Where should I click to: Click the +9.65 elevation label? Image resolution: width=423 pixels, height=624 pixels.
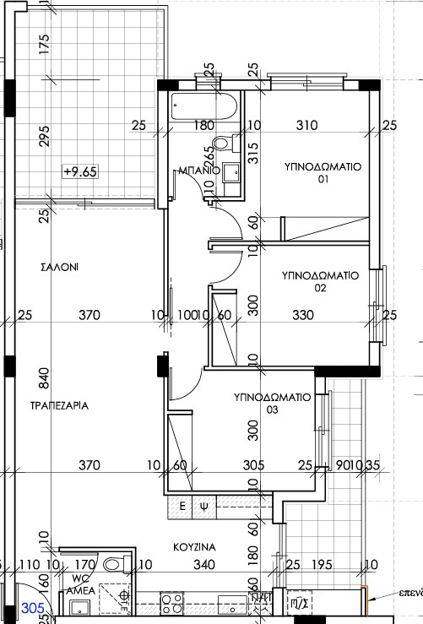tap(81, 171)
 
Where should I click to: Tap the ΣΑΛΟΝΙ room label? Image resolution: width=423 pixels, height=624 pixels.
tap(59, 266)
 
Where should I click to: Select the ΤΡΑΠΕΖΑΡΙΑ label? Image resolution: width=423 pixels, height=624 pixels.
tap(59, 405)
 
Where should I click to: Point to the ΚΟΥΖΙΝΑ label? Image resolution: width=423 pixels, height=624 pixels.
tap(194, 547)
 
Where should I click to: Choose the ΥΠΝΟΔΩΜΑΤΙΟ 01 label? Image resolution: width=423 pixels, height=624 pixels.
tap(321, 173)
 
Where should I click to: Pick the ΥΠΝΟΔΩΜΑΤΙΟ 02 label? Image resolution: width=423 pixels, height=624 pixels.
tap(321, 281)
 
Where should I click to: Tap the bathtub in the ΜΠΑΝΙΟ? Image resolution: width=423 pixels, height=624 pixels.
tap(203, 108)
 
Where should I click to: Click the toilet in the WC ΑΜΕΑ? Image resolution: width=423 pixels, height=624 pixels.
tap(112, 565)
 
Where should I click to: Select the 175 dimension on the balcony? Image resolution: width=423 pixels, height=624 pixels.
tap(44, 42)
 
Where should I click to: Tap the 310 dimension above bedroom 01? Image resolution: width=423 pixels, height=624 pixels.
tap(306, 126)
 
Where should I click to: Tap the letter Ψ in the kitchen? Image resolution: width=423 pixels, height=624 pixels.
tap(203, 507)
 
